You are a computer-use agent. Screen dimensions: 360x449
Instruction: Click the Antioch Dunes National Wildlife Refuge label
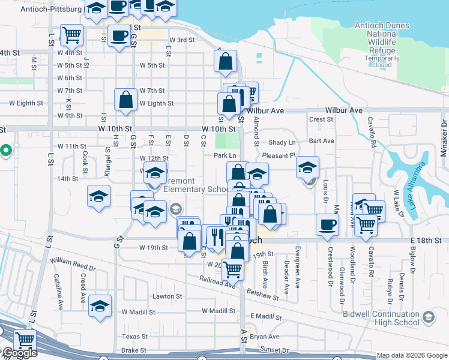[382, 38]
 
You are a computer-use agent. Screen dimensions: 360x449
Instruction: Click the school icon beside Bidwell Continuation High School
[429, 317]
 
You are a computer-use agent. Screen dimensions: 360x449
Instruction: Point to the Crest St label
[317, 119]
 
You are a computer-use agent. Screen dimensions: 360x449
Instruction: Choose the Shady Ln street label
[282, 142]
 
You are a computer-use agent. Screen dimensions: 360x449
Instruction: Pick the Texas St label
[134, 337]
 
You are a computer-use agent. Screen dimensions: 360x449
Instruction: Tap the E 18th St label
[430, 240]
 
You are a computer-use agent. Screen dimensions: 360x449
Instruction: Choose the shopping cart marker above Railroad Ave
[232, 269]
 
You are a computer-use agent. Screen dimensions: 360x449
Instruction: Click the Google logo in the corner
[19, 353]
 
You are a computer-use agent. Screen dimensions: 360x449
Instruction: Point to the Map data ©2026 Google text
[411, 355]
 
